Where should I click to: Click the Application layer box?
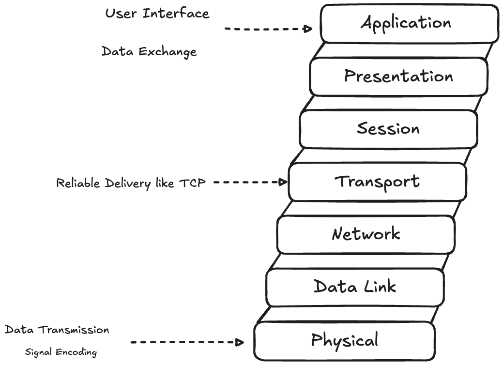pos(409,23)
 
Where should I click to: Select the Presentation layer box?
pos(398,76)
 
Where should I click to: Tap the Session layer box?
pos(388,129)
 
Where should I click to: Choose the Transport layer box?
pos(377,182)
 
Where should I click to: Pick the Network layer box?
pos(366,235)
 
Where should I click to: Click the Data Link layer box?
pos(355,287)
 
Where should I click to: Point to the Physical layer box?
pos(344,341)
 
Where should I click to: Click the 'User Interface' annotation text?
pos(157,14)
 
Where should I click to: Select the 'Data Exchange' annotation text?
pos(149,52)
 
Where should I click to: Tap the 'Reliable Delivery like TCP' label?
pos(131,183)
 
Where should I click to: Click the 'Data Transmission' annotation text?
pos(57,330)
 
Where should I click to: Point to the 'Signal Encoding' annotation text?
pos(61,352)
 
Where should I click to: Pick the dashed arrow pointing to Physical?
pos(186,342)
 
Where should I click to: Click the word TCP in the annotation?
pos(192,183)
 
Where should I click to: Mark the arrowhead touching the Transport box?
pos(282,182)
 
